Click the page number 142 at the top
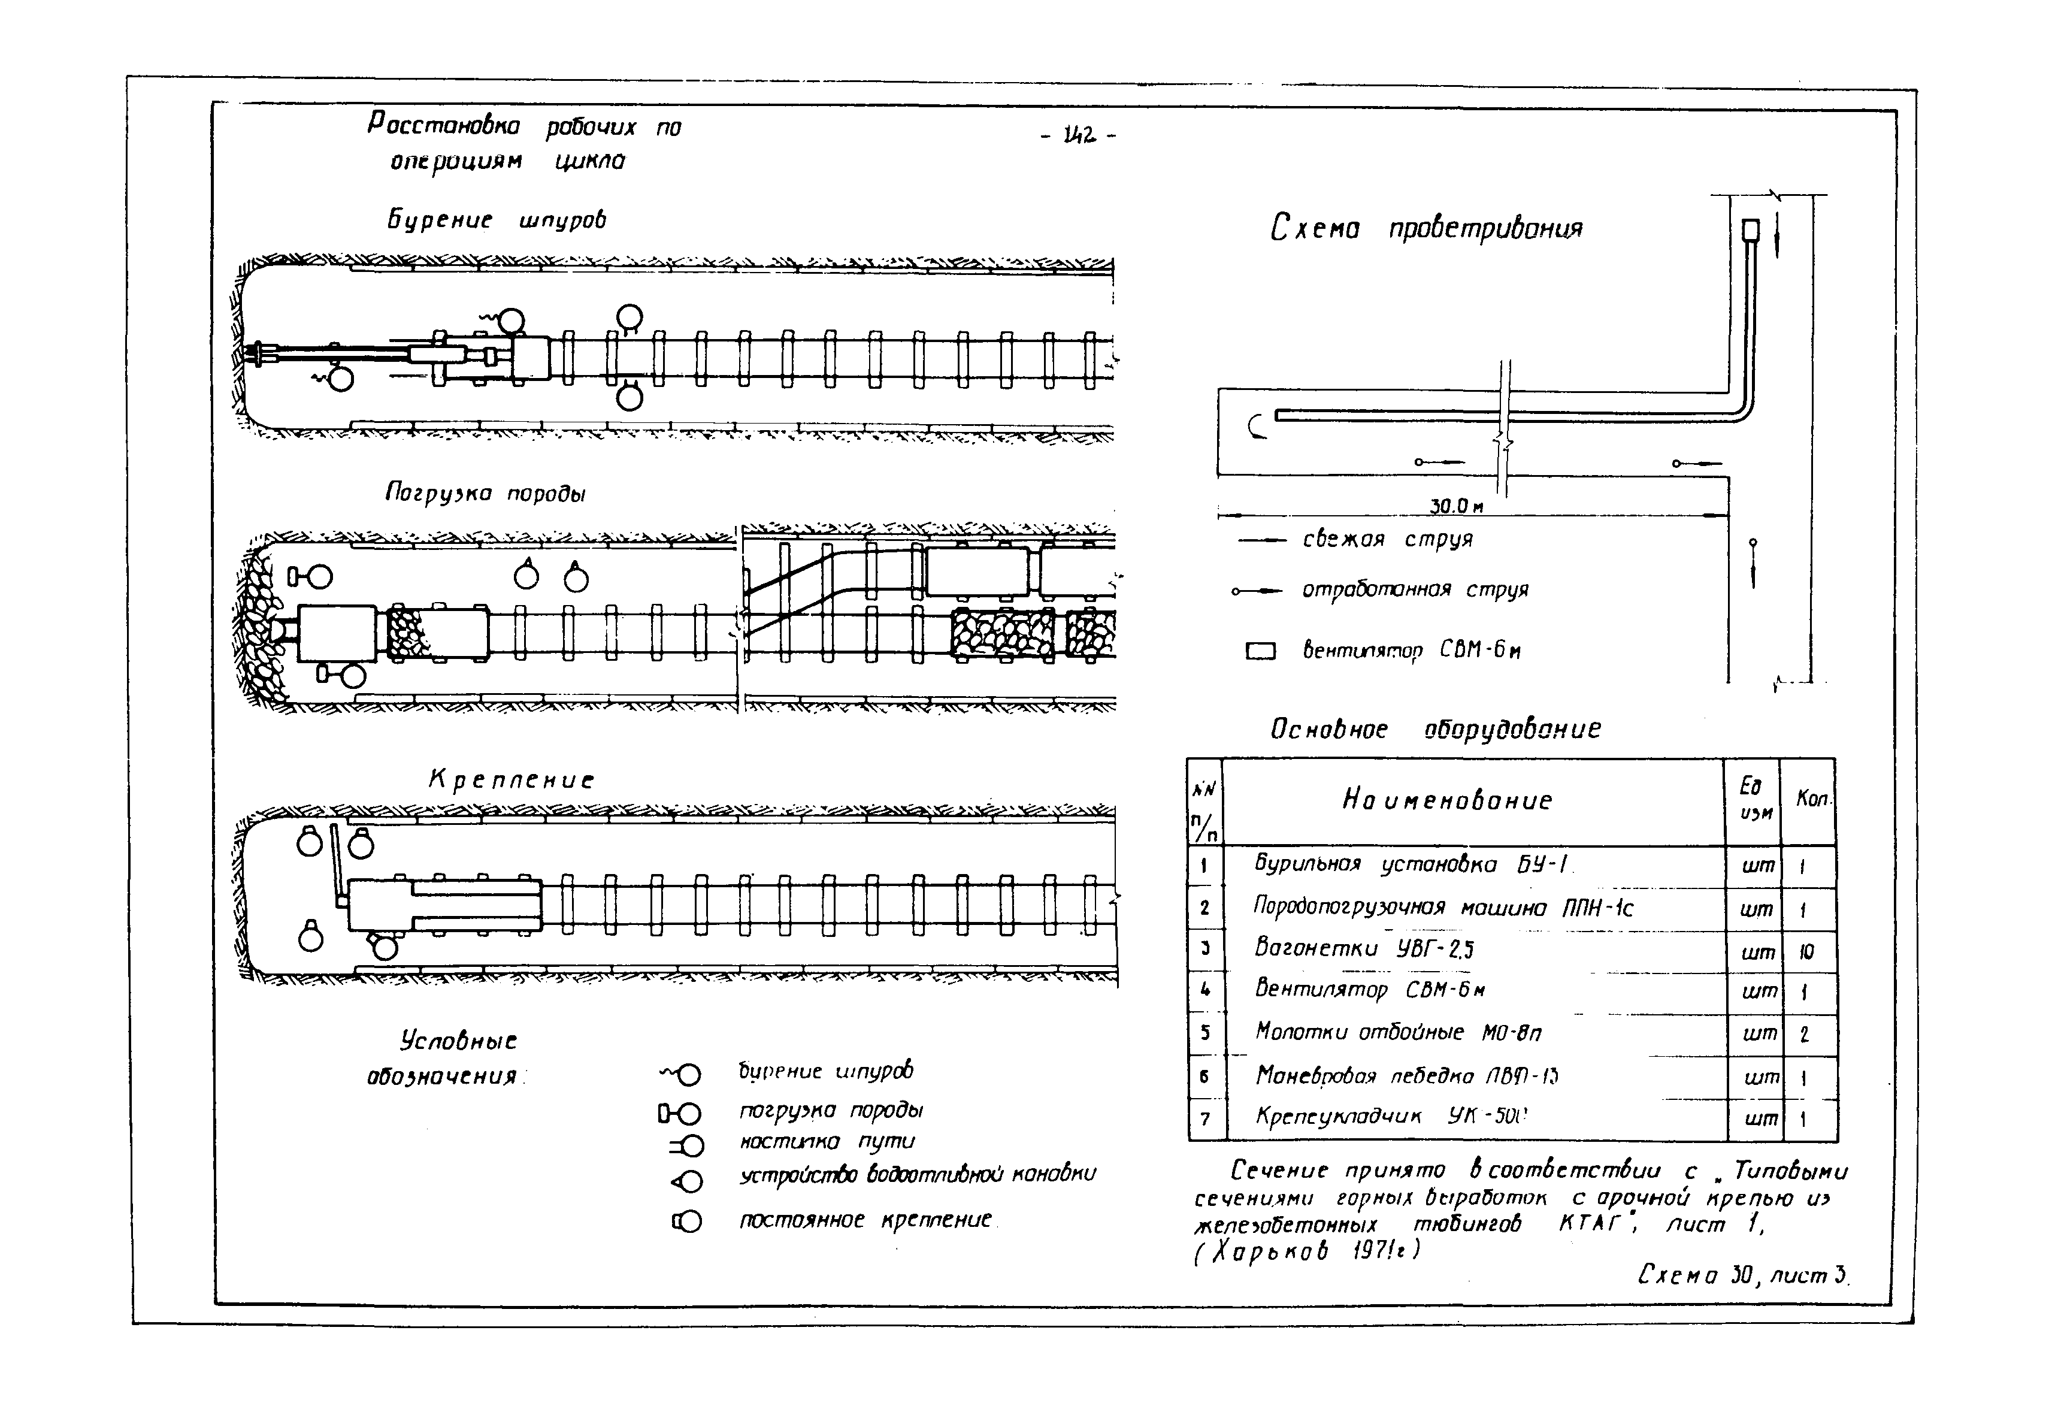pos(1078,135)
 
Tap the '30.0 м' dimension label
pos(1456,506)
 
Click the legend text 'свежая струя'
pos(1387,539)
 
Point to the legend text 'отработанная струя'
pos(1415,589)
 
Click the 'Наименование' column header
pos(1446,800)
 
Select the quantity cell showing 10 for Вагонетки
pos(1806,952)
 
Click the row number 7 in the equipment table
pos(1204,1119)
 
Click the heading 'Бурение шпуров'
pos(497,220)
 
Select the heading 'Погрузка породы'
pos(485,493)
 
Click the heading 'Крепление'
pos(512,780)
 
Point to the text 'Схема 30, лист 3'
pos(1743,1276)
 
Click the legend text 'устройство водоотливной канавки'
pos(918,1175)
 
